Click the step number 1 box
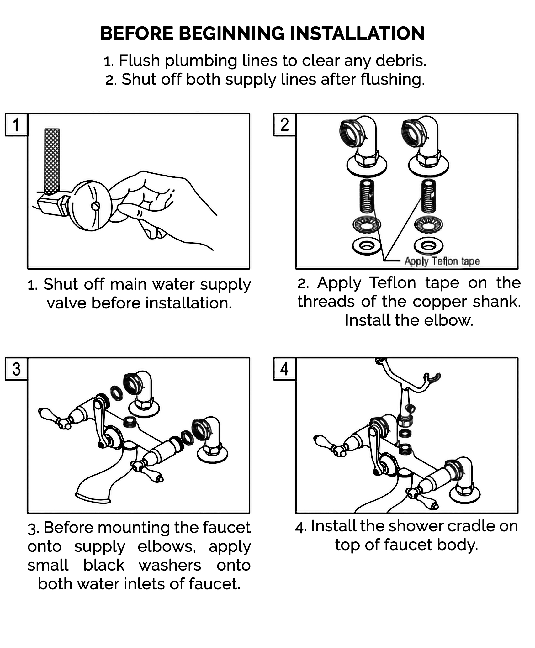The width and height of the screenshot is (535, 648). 16,125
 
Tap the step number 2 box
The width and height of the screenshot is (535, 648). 284,125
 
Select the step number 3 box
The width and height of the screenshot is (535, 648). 16,369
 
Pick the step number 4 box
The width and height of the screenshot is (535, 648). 284,369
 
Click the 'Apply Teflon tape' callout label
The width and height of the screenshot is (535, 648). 442,261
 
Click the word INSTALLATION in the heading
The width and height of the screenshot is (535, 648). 357,34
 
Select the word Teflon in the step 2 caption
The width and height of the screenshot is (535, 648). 393,283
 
